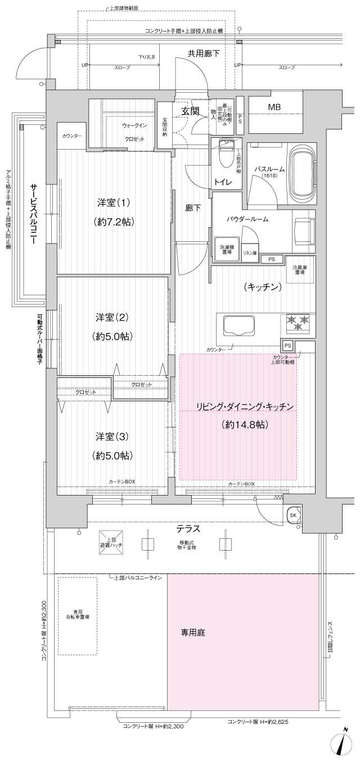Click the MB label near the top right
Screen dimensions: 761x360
274,107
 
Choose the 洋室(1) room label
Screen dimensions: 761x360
112,203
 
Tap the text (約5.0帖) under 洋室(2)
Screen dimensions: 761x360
113,336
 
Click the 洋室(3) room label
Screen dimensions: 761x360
112,436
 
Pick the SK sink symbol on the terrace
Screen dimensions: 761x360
294,515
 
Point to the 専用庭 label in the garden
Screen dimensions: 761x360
192,633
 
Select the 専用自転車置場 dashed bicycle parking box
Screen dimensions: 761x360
77,615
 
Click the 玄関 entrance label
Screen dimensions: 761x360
190,111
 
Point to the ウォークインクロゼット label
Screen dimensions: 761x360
133,132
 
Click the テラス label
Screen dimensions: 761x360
188,529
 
